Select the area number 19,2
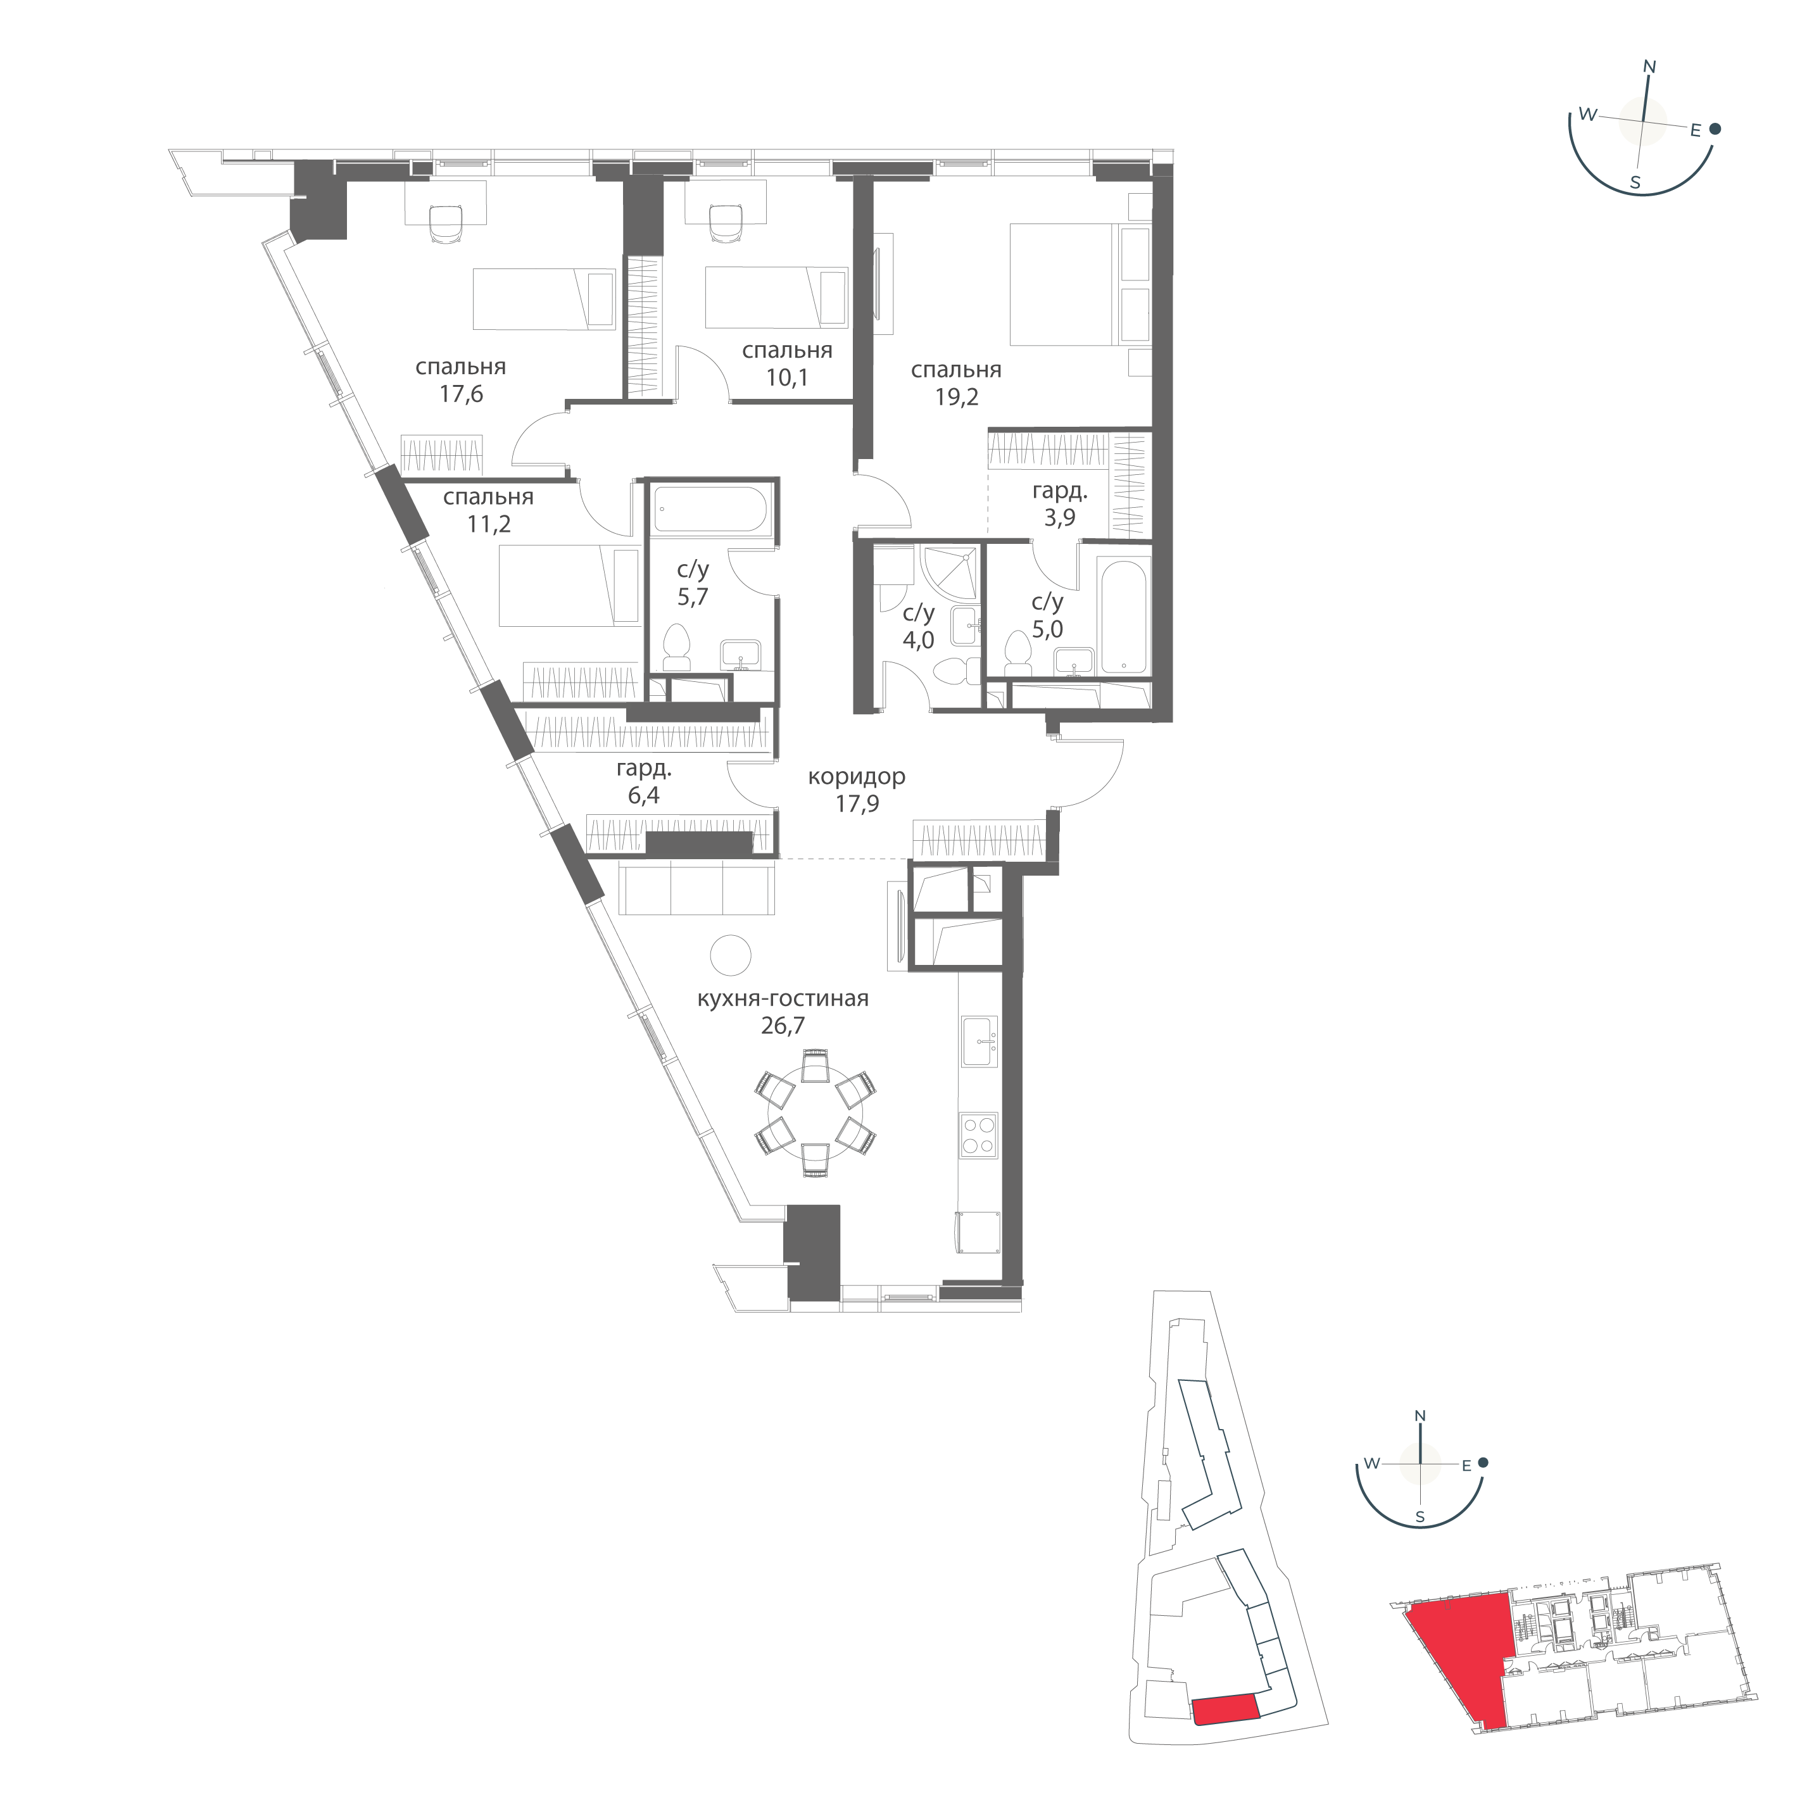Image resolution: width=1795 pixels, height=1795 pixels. point(956,398)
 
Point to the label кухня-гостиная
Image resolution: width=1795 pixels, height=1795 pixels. point(783,998)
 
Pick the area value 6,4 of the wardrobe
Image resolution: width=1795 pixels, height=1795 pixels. point(644,797)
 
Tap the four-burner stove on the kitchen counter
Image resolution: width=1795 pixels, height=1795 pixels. point(978,1135)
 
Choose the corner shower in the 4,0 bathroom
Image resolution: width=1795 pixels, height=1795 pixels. point(950,574)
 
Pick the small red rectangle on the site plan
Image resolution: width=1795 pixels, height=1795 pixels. point(1226,1708)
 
